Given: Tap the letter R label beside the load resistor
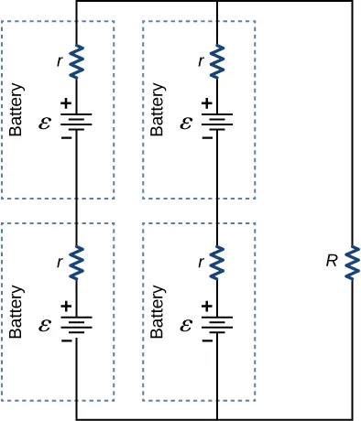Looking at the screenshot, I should tap(332, 261).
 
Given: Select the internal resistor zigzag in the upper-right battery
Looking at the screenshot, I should tap(217, 62).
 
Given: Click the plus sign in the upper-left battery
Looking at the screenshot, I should tap(66, 104).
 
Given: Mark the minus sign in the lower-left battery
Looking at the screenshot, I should tap(66, 340).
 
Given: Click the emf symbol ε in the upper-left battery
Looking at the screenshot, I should tap(45, 121).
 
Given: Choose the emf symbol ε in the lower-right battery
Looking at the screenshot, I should tap(186, 323).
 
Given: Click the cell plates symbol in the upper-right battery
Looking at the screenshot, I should tap(217, 121).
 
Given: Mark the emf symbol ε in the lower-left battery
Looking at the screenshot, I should tap(45, 323).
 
